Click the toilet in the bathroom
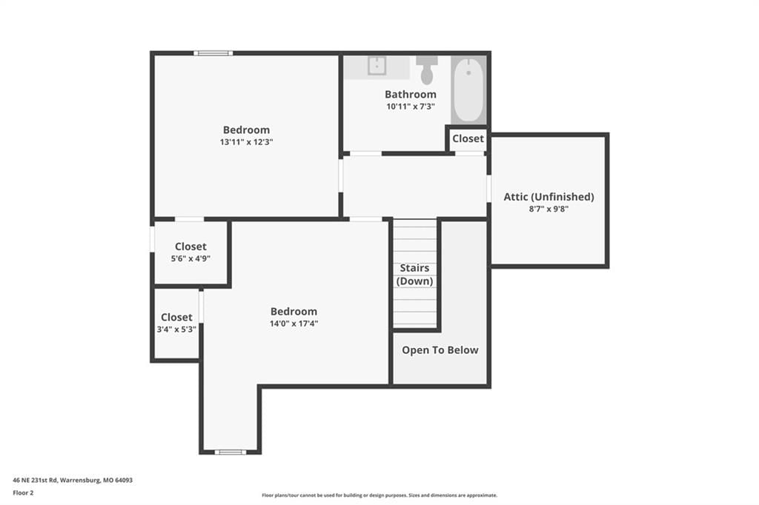[426, 70]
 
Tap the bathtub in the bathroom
[468, 90]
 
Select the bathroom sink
[377, 66]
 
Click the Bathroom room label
[411, 94]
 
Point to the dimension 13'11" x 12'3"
[246, 142]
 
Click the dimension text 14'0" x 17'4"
[294, 324]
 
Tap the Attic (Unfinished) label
[548, 197]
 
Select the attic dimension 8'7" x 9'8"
[548, 209]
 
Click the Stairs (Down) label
[414, 274]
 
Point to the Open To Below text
[440, 350]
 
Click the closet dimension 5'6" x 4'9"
[190, 258]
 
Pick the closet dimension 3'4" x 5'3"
[176, 330]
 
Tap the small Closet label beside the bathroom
[468, 138]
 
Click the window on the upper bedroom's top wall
[213, 53]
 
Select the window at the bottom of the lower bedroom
[231, 452]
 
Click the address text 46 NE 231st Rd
[35, 481]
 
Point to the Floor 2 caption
[23, 493]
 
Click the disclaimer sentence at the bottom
[379, 495]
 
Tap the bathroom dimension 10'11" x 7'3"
[411, 107]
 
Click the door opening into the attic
[489, 189]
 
